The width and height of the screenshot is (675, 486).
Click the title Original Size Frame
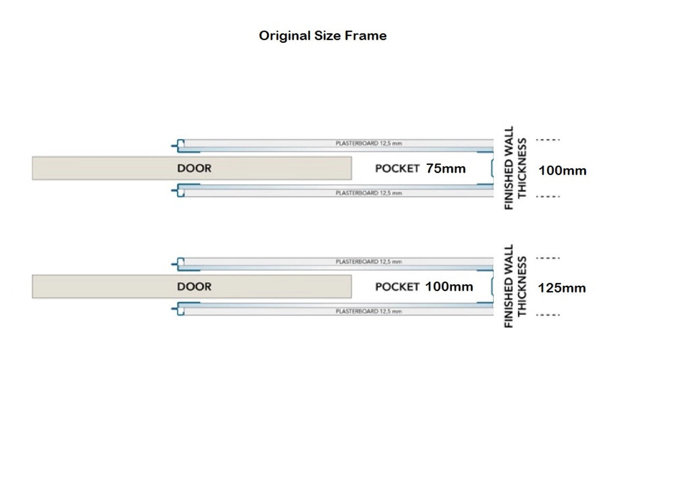322,36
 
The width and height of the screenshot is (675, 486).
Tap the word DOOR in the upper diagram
194,169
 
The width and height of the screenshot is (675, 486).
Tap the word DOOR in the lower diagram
194,287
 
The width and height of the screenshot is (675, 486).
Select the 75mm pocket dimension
446,169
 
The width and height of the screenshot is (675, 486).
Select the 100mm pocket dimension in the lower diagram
449,287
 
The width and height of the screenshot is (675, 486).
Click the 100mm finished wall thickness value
562,171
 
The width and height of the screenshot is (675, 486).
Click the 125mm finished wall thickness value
562,288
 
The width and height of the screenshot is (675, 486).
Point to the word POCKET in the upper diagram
397,169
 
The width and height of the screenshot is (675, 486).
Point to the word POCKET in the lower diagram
397,287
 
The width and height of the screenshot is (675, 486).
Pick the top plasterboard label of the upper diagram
369,143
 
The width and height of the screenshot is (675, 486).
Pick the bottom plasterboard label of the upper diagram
369,193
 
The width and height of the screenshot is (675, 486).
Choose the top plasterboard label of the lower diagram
369,261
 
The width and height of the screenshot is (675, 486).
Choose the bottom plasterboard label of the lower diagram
369,312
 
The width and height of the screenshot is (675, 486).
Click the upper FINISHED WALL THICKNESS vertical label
515,168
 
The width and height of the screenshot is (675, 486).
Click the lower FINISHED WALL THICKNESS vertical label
515,286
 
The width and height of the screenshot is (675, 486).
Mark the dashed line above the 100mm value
547,140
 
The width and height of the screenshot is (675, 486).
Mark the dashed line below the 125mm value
547,315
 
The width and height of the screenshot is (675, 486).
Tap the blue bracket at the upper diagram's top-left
179,144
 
